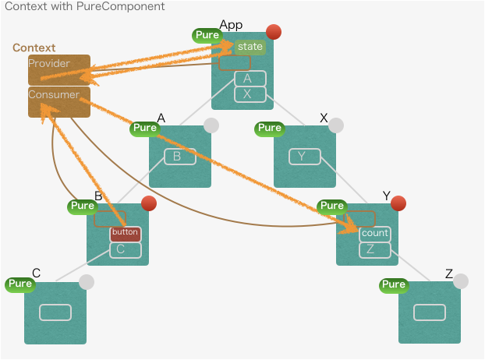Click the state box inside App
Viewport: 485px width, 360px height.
click(250, 47)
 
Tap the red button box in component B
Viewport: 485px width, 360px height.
click(125, 232)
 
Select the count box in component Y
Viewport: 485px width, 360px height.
click(374, 233)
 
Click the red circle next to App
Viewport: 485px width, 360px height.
click(273, 32)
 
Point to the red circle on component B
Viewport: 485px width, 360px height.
click(148, 203)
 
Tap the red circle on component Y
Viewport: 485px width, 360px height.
click(398, 203)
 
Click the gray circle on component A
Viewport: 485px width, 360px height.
click(211, 125)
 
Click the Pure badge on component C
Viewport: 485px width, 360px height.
click(19, 284)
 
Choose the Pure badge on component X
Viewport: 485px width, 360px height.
click(269, 128)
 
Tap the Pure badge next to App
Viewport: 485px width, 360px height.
click(207, 35)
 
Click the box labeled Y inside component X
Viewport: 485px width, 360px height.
click(304, 157)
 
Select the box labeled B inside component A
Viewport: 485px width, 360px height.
click(179, 157)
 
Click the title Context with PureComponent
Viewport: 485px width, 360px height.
click(85, 7)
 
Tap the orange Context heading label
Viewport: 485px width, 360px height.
click(34, 48)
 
